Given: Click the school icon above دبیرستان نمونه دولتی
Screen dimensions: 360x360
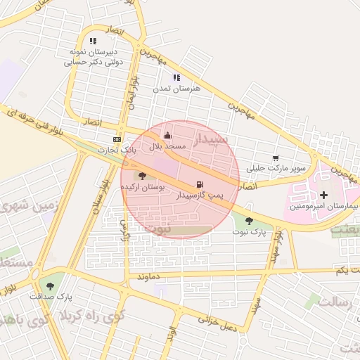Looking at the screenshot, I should [93, 41].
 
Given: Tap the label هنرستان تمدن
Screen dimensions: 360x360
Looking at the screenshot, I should [177, 89].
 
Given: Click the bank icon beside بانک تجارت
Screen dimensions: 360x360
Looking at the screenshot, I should [117, 139].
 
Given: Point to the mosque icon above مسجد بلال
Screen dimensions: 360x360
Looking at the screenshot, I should [167, 136].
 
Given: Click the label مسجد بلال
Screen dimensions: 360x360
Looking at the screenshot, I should [167, 146].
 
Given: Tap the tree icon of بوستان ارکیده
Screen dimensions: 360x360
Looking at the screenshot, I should [143, 176].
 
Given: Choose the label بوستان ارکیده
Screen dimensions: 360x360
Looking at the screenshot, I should [143, 187].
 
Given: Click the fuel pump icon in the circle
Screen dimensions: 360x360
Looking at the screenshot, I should [202, 185].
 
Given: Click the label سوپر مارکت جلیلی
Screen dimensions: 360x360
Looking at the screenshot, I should [280, 168].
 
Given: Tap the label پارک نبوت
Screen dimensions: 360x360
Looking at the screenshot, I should [253, 231].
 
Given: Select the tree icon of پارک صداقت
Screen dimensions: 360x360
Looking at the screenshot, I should [49, 285].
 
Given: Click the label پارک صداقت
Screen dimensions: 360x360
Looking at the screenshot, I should [49, 296].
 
